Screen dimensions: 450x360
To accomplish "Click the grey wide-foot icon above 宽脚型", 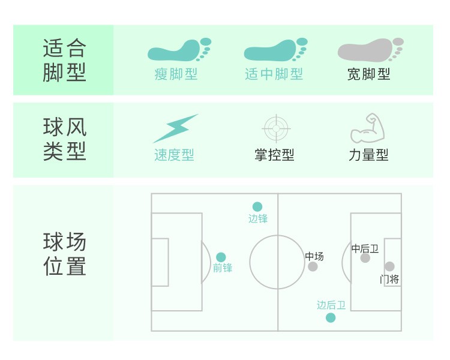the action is pyautogui.click(x=370, y=50).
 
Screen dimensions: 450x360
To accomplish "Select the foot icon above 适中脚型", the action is pyautogui.click(x=275, y=50).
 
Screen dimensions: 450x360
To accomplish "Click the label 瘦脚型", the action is pyautogui.click(x=176, y=74).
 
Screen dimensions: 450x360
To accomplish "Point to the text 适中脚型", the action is pyautogui.click(x=274, y=74).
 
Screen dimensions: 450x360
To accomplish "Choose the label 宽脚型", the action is pyautogui.click(x=369, y=74).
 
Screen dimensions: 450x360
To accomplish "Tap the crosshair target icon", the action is pyautogui.click(x=276, y=128).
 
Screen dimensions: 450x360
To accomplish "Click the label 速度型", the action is pyautogui.click(x=174, y=155).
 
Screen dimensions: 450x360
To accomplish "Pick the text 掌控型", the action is pyautogui.click(x=274, y=155).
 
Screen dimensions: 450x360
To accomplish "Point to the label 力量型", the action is pyautogui.click(x=368, y=155).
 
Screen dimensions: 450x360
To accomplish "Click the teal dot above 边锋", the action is pyautogui.click(x=257, y=207).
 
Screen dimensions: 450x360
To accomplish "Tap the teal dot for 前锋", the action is pyautogui.click(x=221, y=257).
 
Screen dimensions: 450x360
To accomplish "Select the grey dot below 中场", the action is pyautogui.click(x=313, y=266).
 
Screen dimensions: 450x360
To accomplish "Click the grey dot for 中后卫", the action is pyautogui.click(x=365, y=258).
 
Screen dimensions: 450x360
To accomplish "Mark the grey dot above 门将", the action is pyautogui.click(x=389, y=266).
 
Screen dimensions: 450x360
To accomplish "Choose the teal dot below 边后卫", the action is pyautogui.click(x=331, y=317).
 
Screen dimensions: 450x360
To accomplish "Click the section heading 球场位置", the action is pyautogui.click(x=64, y=254).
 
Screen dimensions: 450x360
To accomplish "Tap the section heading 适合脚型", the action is pyautogui.click(x=64, y=60).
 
